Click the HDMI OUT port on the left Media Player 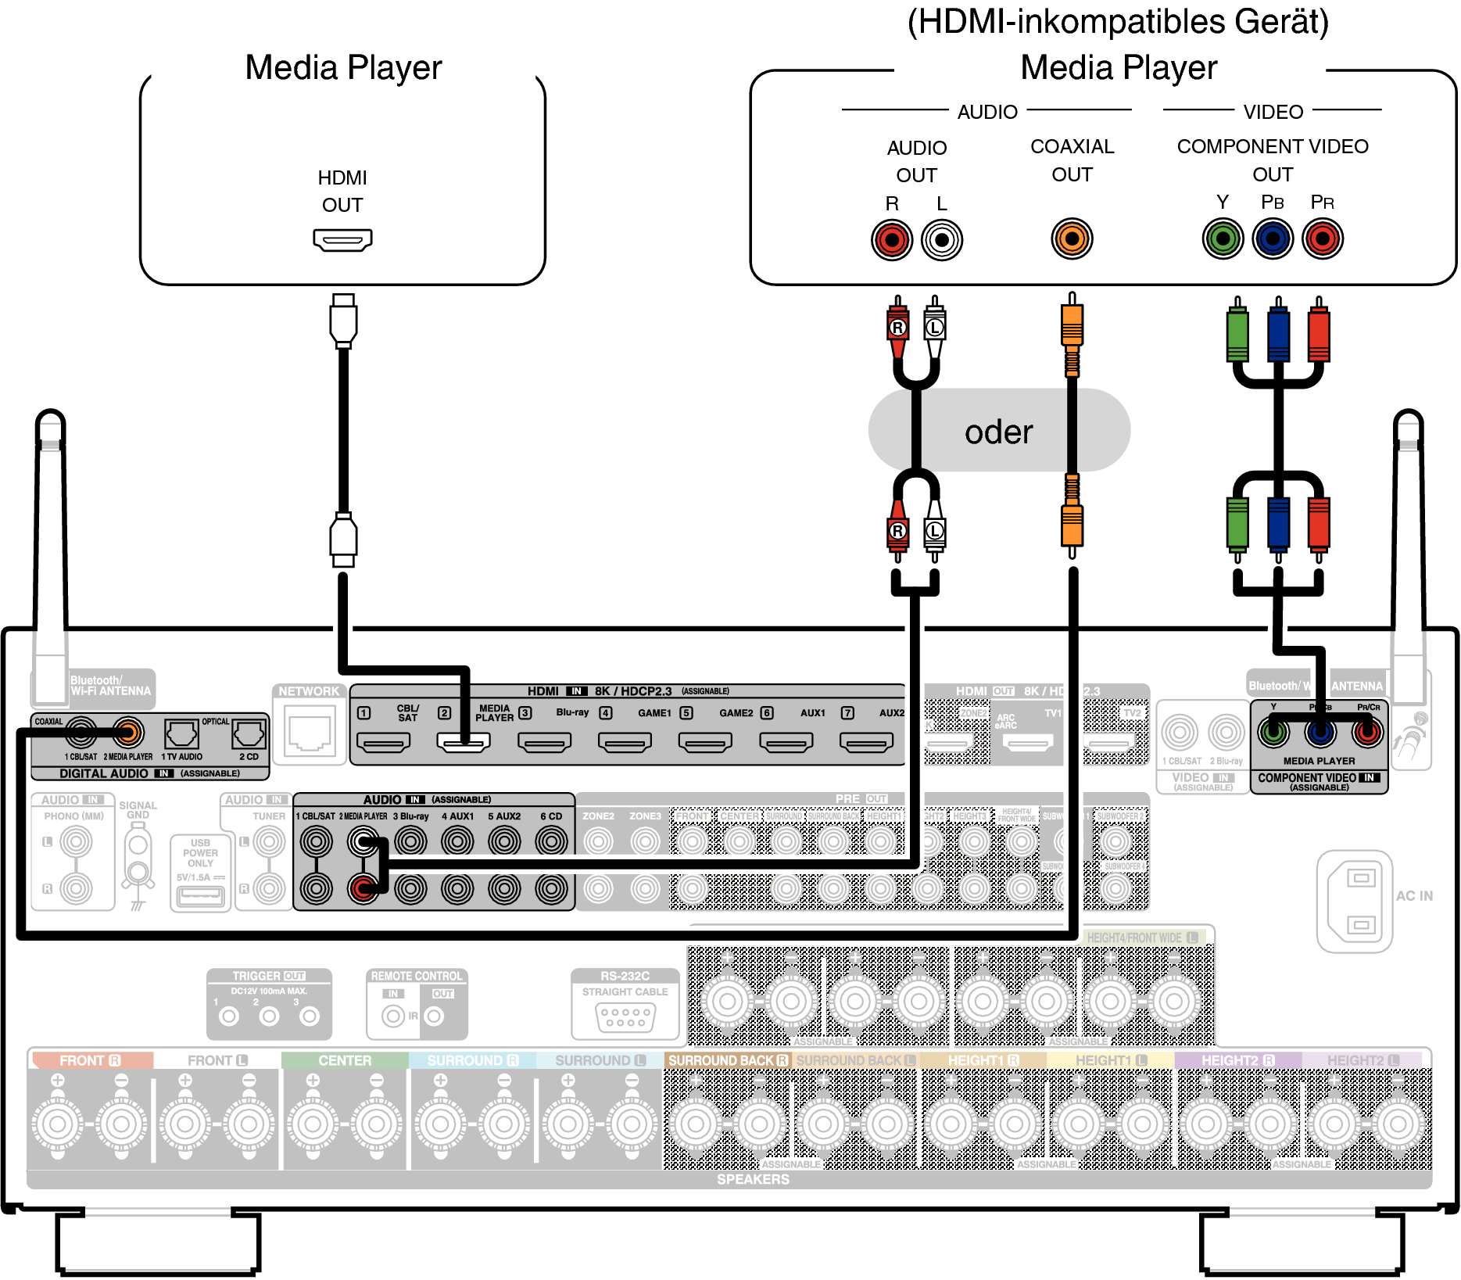point(342,239)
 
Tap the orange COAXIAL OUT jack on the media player point(1072,238)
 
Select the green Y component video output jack point(1223,238)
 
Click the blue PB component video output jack point(1273,238)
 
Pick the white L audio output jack point(942,239)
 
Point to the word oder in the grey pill point(998,432)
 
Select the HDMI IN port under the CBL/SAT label point(383,741)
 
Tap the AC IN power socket point(1360,901)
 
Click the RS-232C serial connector point(625,1016)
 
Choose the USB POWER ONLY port point(200,896)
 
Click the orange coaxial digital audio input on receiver point(128,733)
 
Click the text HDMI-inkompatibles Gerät point(1118,22)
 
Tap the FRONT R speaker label point(90,1060)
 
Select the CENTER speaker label point(345,1060)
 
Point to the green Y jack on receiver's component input point(1273,733)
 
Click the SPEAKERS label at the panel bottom point(753,1179)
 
